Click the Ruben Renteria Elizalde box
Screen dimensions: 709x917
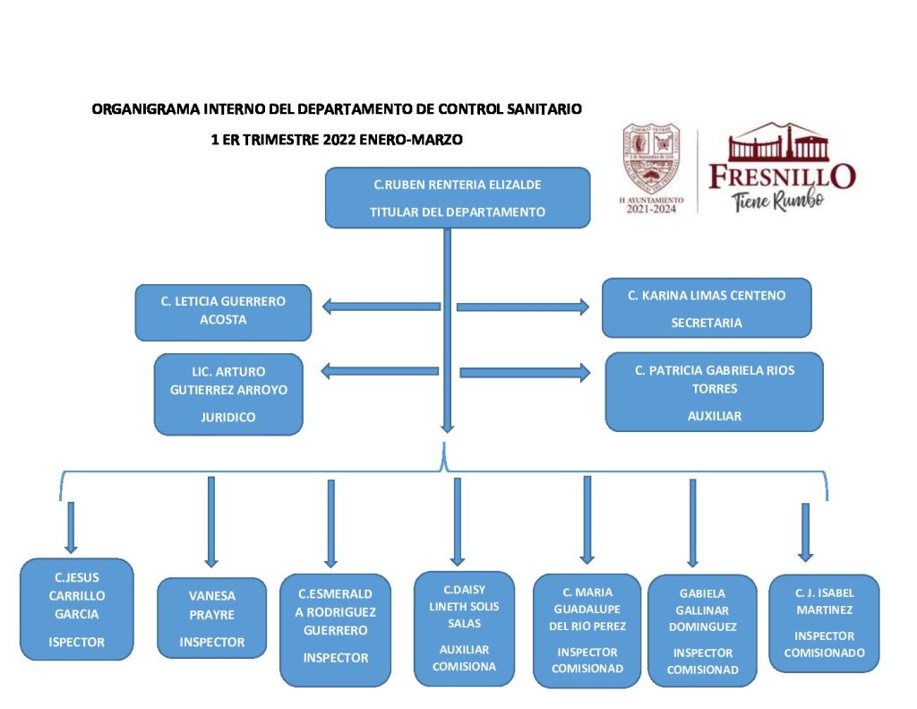(457, 197)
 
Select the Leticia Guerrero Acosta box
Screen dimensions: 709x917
(223, 311)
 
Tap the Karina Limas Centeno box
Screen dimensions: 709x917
(706, 307)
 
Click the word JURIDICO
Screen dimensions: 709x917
(227, 417)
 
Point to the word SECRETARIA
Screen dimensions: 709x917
(707, 323)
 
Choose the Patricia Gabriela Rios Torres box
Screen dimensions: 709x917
(714, 392)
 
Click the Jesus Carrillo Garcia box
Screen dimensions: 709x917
(76, 609)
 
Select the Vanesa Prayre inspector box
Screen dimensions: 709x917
(211, 618)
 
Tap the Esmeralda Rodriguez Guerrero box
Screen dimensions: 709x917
(335, 629)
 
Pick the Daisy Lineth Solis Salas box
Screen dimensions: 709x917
(463, 627)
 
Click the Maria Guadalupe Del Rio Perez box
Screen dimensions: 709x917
(587, 630)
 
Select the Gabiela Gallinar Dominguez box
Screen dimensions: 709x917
(702, 630)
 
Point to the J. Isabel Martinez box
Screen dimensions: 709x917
(824, 622)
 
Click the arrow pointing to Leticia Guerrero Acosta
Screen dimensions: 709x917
(381, 307)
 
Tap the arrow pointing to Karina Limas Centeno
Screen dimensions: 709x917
(523, 307)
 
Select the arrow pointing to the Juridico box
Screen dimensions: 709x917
(381, 370)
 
